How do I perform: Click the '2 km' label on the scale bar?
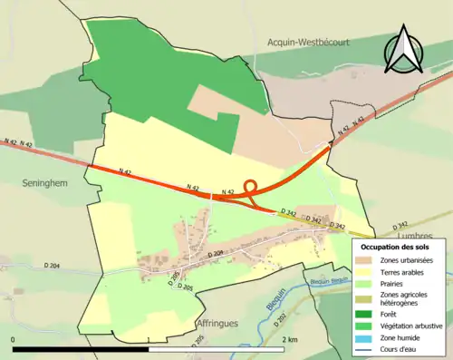290,339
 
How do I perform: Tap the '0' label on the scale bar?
14,339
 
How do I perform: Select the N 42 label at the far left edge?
11,142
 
